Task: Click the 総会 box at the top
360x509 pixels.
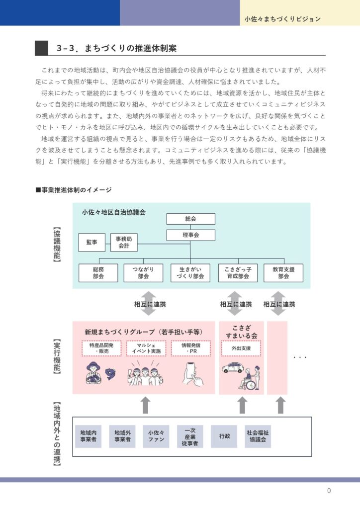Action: [x=190, y=219]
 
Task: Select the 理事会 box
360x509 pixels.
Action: [x=190, y=235]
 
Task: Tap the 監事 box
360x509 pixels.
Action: [x=91, y=242]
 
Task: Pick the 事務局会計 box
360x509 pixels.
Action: [x=124, y=242]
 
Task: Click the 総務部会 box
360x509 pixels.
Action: [x=98, y=273]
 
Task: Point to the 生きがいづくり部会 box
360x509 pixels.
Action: [x=190, y=273]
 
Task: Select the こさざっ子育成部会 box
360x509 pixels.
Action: [x=238, y=273]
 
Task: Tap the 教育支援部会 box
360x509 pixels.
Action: [x=283, y=273]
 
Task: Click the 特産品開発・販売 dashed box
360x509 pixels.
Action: [x=101, y=348]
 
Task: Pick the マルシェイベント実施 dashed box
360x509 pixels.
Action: [x=146, y=348]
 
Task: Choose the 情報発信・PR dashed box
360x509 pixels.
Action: [x=191, y=348]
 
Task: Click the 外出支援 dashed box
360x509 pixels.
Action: [x=241, y=348]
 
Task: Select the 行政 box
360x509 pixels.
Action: [x=224, y=436]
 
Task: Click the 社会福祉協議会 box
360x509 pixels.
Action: [x=258, y=436]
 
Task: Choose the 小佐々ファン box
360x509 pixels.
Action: [x=156, y=436]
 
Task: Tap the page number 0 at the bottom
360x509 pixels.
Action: [x=329, y=491]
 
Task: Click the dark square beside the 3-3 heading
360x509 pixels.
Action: [x=41, y=48]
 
